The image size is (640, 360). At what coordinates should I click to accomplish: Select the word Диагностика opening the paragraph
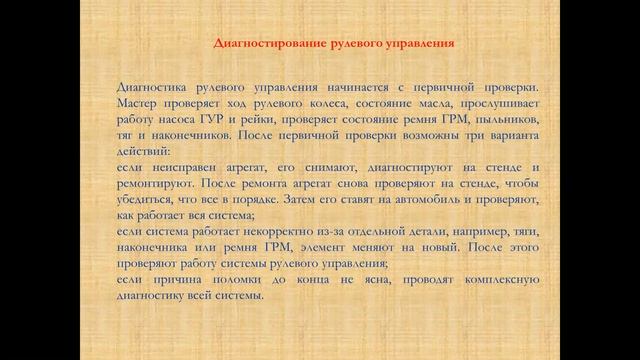(151, 87)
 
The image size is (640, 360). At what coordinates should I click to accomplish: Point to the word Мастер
(136, 103)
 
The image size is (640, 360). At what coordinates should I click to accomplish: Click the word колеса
(329, 104)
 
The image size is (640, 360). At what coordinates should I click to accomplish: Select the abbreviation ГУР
(212, 119)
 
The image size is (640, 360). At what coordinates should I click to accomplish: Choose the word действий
(143, 151)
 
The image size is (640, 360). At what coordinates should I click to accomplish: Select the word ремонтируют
(155, 183)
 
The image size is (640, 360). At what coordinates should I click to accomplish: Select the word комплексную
(502, 280)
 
